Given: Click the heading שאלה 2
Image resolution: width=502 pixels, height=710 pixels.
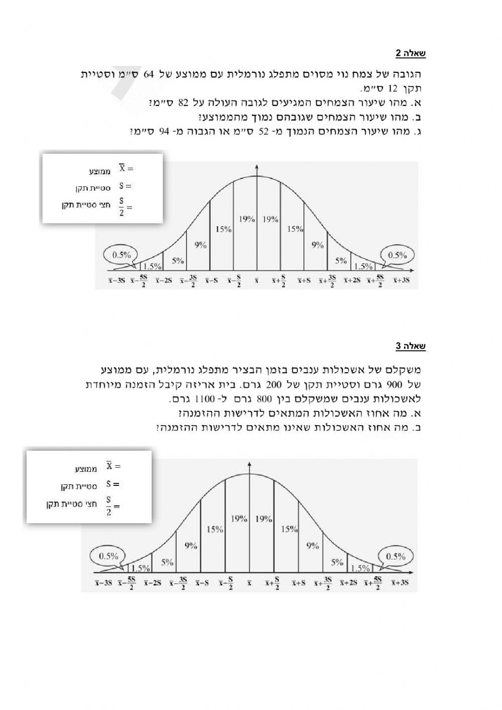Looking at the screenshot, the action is [411, 53].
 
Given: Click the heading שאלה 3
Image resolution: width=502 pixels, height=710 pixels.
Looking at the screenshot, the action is [411, 346].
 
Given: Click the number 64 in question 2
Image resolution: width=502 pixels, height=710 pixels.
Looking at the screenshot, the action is [149, 74].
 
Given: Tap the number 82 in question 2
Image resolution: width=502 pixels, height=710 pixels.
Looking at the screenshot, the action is [183, 103].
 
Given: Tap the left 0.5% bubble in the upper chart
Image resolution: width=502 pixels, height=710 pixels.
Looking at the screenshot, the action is [121, 255].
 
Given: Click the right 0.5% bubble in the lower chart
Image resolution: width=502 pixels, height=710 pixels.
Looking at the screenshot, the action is [396, 556].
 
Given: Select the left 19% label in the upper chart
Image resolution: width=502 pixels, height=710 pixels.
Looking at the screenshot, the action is [246, 219].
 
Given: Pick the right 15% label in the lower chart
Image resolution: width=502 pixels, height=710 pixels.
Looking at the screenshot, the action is [289, 529].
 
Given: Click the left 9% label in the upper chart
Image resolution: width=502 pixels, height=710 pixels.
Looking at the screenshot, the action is [200, 245].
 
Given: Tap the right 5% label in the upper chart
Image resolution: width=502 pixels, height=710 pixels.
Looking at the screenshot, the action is [341, 260].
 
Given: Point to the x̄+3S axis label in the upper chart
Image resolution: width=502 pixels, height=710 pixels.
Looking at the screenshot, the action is [402, 280].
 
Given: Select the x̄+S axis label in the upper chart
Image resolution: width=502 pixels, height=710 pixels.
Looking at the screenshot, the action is [304, 280].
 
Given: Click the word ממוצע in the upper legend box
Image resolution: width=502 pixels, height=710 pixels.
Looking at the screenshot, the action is [100, 171].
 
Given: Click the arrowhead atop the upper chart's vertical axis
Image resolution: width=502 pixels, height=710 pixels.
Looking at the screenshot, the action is [257, 167].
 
